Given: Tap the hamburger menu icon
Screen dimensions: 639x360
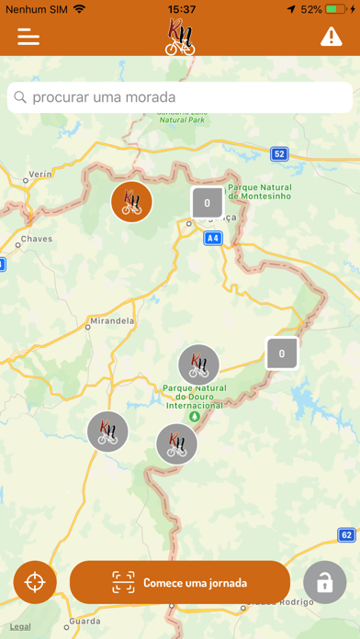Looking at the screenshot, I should (x=28, y=37).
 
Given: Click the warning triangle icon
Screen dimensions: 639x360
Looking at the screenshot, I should (x=331, y=37).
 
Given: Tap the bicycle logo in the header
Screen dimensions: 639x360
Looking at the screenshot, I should (x=180, y=38).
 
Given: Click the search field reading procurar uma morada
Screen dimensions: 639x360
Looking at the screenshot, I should (x=180, y=96).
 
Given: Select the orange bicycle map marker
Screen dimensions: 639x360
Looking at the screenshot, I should (x=131, y=202).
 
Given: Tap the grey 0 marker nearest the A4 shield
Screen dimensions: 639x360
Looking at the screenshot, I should (x=207, y=203).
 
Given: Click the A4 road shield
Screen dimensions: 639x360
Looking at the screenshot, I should (x=213, y=238).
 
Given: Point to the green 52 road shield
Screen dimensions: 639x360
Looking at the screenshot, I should (x=279, y=153).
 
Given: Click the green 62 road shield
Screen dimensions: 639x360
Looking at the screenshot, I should (x=345, y=534).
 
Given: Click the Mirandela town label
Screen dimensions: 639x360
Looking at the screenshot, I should (x=113, y=321).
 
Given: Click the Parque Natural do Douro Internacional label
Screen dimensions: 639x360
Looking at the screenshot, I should (x=193, y=397).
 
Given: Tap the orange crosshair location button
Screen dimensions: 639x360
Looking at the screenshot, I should (x=35, y=582).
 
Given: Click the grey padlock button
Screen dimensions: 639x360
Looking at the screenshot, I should (x=324, y=582).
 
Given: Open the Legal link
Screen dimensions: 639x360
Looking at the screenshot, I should (x=20, y=626).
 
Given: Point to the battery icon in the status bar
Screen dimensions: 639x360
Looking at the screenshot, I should (x=340, y=9).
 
